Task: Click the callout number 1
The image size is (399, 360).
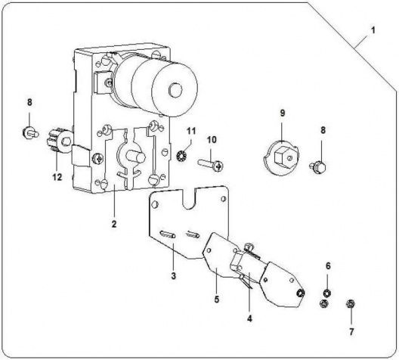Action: pos(373,30)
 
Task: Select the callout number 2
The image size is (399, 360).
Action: pos(114,224)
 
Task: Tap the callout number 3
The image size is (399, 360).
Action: pos(174,276)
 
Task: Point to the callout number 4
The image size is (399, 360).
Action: pos(249,318)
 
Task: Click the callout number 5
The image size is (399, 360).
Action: pos(217,299)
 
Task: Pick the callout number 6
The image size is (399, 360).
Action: pos(328,265)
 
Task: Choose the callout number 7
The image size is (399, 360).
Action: pos(351,332)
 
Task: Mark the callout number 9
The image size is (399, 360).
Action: pos(283,113)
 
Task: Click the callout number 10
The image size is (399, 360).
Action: pos(212,139)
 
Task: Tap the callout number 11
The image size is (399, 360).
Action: pos(191,131)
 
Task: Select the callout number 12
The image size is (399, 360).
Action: pos(57,177)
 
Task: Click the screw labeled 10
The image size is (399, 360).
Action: pos(211,164)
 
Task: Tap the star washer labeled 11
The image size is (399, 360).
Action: pos(181,156)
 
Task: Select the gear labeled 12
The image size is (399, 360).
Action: pos(58,141)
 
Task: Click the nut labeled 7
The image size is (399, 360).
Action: pos(351,303)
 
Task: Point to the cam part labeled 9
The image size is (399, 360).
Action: pos(281,158)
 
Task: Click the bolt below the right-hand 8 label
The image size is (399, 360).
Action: pos(318,166)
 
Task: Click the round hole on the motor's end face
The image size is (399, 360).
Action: pos(176,89)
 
